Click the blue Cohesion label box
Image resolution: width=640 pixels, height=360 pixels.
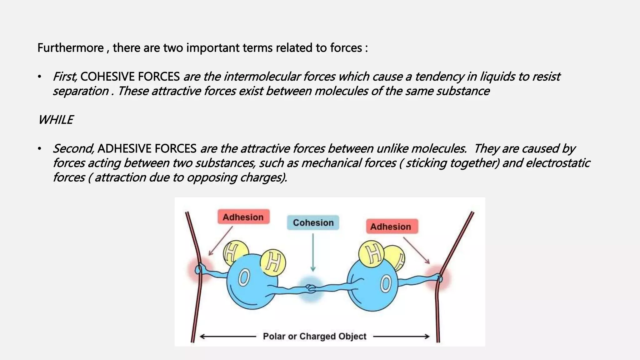tap(313, 222)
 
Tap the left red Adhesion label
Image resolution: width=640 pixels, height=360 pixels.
tap(243, 217)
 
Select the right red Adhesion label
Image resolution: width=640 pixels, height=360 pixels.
tap(392, 226)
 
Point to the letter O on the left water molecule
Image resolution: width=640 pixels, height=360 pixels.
tap(244, 278)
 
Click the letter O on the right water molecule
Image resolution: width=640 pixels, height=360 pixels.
tap(386, 284)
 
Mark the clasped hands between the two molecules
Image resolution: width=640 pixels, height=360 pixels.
tap(310, 288)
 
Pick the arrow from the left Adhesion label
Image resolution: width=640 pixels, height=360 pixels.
tap(221, 241)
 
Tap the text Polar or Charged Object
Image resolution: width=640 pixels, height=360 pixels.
tap(314, 336)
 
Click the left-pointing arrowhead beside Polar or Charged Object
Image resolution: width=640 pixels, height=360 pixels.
tap(202, 337)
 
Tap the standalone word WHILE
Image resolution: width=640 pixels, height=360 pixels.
tap(55, 120)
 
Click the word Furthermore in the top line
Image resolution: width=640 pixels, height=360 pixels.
tap(71, 48)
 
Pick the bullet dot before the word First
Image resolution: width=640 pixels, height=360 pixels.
tap(39, 77)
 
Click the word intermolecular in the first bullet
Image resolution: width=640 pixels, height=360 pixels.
tap(262, 77)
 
